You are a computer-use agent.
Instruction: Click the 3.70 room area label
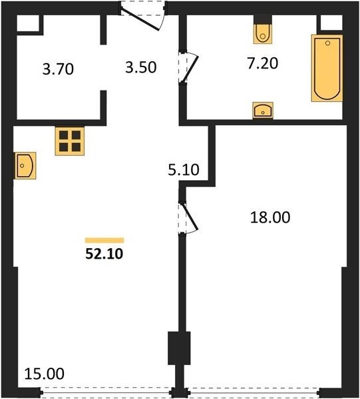click(x=58, y=69)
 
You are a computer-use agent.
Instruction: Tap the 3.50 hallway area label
click(x=141, y=68)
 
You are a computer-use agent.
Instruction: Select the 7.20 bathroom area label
click(x=263, y=63)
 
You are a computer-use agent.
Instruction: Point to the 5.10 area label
click(x=183, y=170)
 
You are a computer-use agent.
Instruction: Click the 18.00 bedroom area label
click(x=270, y=217)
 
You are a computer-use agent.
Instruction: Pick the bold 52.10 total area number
click(x=104, y=254)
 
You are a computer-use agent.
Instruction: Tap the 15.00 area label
click(x=45, y=374)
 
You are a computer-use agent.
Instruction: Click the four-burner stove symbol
click(x=70, y=141)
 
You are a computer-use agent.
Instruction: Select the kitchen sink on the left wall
click(x=25, y=166)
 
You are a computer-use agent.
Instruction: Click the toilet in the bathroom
click(x=263, y=34)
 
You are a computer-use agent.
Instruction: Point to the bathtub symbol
click(x=327, y=68)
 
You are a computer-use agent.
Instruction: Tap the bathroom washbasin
click(x=263, y=110)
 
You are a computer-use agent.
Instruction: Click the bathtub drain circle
click(x=327, y=43)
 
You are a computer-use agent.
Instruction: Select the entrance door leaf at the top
click(x=140, y=19)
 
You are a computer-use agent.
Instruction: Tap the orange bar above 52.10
click(x=104, y=241)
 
